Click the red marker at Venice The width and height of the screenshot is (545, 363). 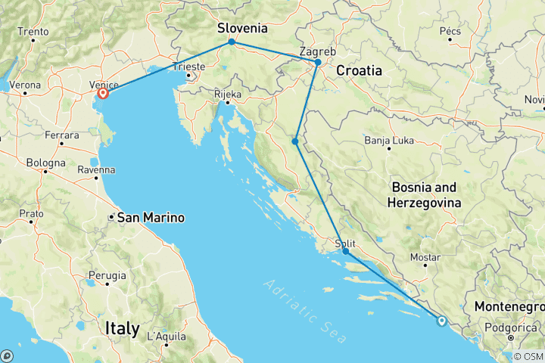tap(103, 95)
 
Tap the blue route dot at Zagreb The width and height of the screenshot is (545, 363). tap(318, 62)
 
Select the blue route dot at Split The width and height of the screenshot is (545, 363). tap(345, 251)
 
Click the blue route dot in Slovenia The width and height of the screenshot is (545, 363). tap(231, 42)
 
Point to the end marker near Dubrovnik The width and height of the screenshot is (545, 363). tap(441, 321)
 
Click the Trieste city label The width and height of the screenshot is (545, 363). tap(189, 67)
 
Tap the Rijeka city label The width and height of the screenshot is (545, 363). tap(228, 95)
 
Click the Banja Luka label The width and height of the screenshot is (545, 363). tap(387, 141)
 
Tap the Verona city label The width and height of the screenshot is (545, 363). tap(26, 84)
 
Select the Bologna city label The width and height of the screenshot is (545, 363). tap(45, 163)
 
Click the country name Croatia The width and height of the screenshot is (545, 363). tap(360, 70)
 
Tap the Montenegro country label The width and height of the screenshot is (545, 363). tap(509, 307)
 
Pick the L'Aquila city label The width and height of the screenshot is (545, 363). tap(165, 335)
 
